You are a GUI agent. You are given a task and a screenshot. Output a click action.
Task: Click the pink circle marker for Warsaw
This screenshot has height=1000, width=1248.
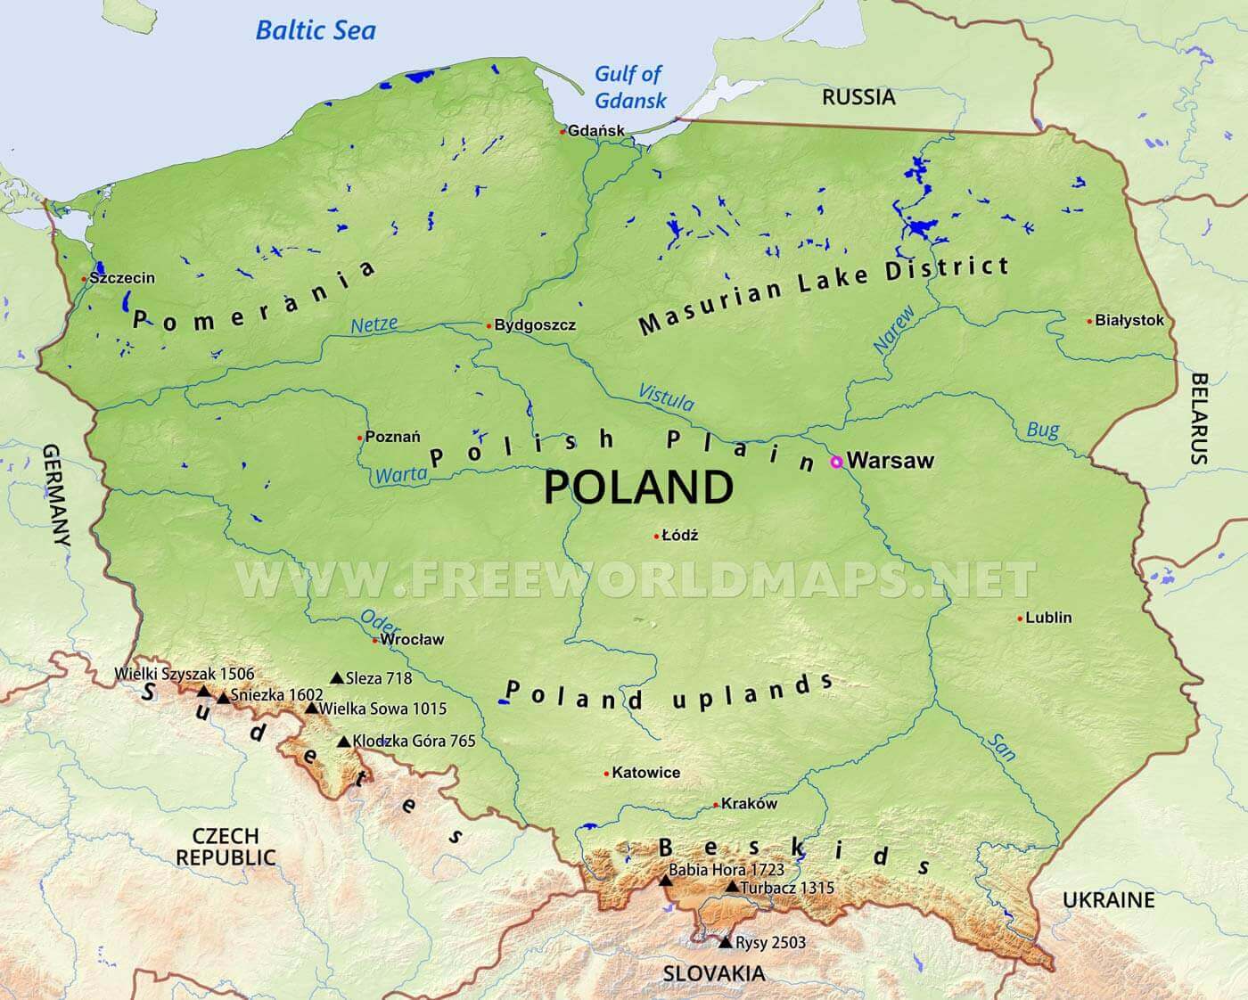(x=836, y=462)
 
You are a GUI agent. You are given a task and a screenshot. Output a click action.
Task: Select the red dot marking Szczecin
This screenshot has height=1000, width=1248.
(x=84, y=279)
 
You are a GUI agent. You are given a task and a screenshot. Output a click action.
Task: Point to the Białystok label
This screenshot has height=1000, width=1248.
(x=1129, y=321)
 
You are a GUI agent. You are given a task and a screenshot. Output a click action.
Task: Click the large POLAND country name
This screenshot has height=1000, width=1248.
(x=638, y=488)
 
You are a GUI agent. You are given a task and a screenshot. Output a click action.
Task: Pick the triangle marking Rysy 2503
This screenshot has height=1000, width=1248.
(x=725, y=941)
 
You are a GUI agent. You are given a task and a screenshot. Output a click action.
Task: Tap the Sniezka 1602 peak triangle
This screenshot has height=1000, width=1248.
(x=224, y=697)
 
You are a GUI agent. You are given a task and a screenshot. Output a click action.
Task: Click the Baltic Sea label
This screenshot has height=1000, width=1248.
(x=316, y=30)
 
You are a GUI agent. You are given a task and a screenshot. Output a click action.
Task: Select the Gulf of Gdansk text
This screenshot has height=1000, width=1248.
(x=630, y=86)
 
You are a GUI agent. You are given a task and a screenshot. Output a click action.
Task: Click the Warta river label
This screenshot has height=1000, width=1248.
(x=401, y=475)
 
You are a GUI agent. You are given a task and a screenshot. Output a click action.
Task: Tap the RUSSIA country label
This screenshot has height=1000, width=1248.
(x=858, y=97)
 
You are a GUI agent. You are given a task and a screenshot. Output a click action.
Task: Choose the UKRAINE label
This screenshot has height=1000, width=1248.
(x=1108, y=900)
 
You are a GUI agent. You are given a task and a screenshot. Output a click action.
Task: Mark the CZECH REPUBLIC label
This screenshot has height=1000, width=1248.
(x=226, y=847)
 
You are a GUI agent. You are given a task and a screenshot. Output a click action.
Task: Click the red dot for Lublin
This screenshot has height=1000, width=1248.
(x=1020, y=618)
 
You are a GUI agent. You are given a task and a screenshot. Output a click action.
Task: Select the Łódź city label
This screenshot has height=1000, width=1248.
(x=680, y=536)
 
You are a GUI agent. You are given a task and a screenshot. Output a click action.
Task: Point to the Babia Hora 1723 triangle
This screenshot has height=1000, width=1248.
(x=665, y=881)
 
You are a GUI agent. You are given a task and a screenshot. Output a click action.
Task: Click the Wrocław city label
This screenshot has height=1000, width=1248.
(x=412, y=639)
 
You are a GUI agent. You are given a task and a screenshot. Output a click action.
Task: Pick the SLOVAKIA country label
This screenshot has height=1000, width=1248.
(x=713, y=973)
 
